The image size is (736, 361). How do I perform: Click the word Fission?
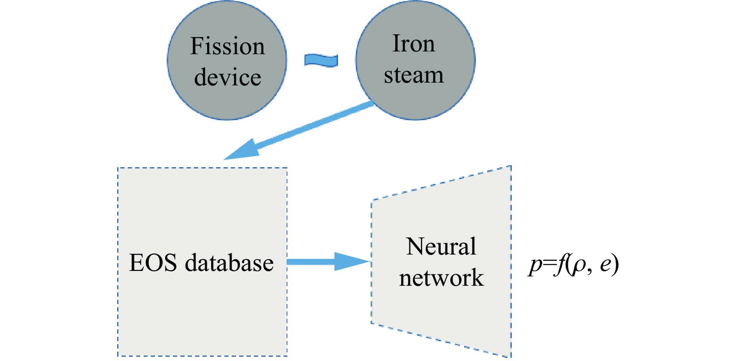pyautogui.click(x=227, y=46)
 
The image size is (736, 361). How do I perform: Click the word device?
pyautogui.click(x=227, y=77)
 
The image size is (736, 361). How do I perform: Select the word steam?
pyautogui.click(x=414, y=74)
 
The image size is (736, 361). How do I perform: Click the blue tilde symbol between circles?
pyautogui.click(x=321, y=60)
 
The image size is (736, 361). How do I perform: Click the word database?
pyautogui.click(x=229, y=262)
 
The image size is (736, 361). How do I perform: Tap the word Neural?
pyautogui.click(x=441, y=246)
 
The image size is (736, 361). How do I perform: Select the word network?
pyautogui.click(x=441, y=278)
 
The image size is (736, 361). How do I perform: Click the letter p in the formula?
pyautogui.click(x=536, y=265)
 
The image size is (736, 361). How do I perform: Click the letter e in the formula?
pyautogui.click(x=605, y=265)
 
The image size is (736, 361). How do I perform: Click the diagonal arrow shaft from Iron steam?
pyautogui.click(x=314, y=126)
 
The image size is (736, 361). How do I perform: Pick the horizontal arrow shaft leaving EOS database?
pyautogui.click(x=311, y=262)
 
